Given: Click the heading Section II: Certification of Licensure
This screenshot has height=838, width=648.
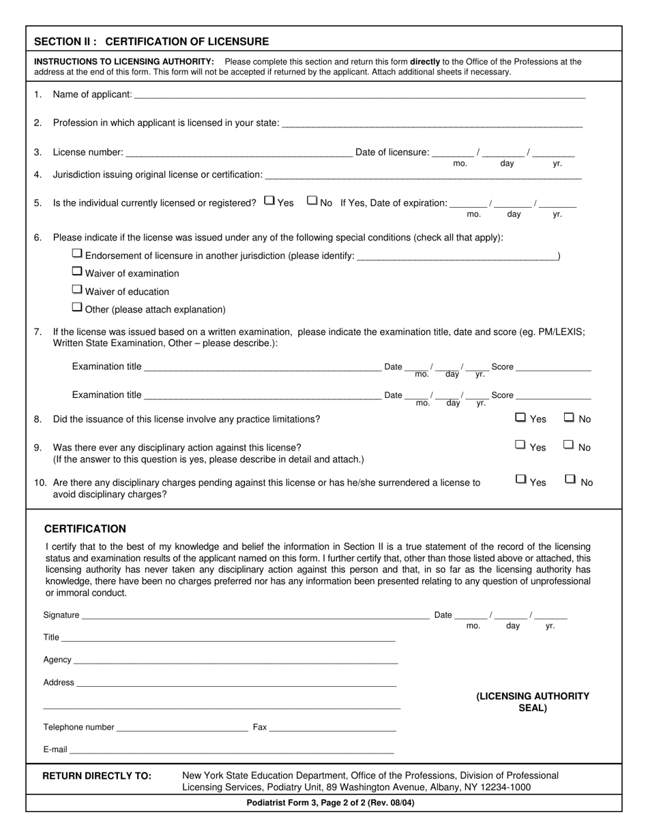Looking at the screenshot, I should (x=151, y=42).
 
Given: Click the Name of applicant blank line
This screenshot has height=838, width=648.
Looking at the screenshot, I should (x=359, y=95).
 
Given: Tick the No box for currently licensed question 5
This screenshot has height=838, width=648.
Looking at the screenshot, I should (x=312, y=201).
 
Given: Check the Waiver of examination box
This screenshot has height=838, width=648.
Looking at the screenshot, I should (x=77, y=272).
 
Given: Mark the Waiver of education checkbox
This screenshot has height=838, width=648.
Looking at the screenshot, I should (x=77, y=290).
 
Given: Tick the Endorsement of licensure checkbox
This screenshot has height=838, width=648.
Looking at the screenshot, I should (x=77, y=253).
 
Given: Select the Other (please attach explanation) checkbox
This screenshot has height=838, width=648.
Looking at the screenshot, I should (x=77, y=307).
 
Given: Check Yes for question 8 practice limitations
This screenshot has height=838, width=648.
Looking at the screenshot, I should (x=520, y=418).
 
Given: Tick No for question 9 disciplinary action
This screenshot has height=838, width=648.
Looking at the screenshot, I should (x=568, y=446).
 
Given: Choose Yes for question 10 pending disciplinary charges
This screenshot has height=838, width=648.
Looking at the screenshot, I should (x=520, y=480).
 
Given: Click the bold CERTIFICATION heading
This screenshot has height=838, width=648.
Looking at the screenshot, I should (x=85, y=529).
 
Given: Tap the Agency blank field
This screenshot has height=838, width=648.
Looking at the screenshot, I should (x=235, y=660).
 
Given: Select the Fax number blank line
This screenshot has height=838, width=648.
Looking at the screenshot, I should (x=332, y=728).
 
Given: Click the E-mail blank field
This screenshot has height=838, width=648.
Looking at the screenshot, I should (x=231, y=750).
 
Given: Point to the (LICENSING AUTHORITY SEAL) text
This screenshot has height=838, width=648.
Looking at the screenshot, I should (x=533, y=702).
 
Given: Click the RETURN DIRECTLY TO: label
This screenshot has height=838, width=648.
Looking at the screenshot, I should (x=97, y=776).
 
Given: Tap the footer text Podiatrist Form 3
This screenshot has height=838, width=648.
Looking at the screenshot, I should (x=330, y=803).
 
